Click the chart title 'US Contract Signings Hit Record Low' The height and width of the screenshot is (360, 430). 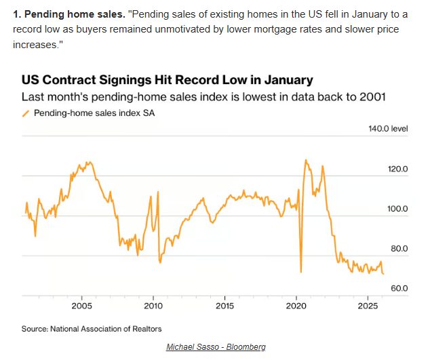tap(168, 80)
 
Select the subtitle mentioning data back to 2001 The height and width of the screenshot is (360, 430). tap(203, 96)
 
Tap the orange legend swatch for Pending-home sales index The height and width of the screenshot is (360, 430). tap(26, 113)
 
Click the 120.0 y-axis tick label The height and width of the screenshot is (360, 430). tap(397, 169)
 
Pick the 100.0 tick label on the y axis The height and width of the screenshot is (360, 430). tap(397, 209)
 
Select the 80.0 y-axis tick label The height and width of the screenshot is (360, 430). tap(398, 248)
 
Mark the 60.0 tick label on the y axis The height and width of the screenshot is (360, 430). tap(398, 288)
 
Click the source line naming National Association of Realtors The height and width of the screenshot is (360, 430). tap(92, 329)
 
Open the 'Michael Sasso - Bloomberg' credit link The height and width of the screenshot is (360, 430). tap(216, 347)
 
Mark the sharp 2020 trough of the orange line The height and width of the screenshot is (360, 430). tap(300, 272)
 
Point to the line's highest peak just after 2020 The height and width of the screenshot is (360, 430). tap(306, 160)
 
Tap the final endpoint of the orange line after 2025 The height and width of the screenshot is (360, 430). tap(383, 274)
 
